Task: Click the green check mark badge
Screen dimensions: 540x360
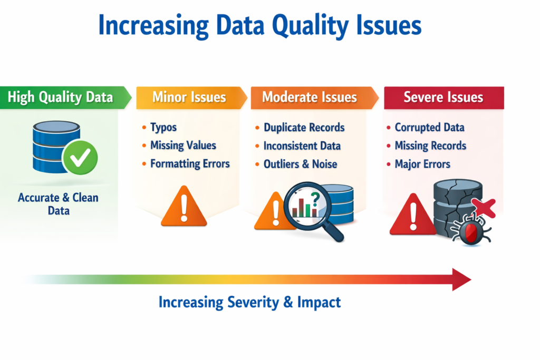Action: pos(80,157)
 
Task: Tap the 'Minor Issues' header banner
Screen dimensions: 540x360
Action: pos(191,98)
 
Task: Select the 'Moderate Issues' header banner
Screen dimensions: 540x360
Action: pos(314,98)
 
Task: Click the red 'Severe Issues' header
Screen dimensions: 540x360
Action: pos(444,98)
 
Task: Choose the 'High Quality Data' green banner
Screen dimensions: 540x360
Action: pos(65,98)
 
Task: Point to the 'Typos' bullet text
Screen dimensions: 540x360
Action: pos(163,128)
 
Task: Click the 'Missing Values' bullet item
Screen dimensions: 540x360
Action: pos(183,145)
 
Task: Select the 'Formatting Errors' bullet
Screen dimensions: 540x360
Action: pos(190,163)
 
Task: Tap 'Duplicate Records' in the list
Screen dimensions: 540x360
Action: pos(304,128)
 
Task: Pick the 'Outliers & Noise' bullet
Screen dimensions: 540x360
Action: pos(300,164)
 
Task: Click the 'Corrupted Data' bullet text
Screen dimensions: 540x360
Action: pos(429,128)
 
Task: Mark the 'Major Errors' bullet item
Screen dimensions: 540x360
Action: pos(422,164)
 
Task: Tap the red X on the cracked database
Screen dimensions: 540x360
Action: pos(484,208)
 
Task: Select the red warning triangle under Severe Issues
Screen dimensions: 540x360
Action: pos(413,215)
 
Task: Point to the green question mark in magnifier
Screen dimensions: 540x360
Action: pos(315,199)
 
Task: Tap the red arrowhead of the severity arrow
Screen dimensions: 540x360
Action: pos(461,279)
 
